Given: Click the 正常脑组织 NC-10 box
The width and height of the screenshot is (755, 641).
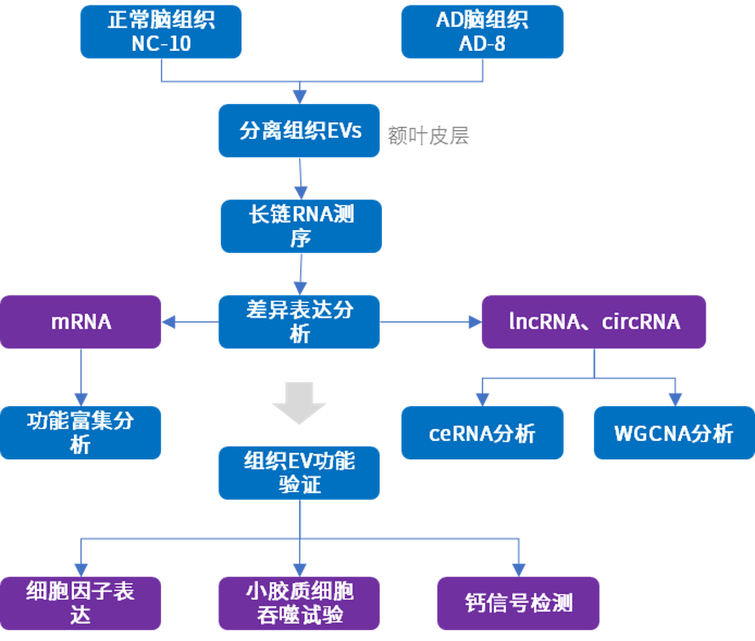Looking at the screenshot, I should point(161,32).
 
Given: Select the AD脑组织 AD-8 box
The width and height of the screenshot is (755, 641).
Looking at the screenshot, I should point(482,32).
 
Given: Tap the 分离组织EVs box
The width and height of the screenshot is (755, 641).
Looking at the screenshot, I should point(300,130).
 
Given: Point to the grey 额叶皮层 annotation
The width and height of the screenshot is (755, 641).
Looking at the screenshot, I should point(429,136).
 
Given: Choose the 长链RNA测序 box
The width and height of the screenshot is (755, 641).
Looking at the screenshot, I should point(301,226).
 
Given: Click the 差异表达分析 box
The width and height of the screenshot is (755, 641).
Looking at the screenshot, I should point(299,321).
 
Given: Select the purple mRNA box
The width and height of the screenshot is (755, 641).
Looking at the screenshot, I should point(81,321).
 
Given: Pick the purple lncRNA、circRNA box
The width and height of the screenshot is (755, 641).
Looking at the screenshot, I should point(594,321).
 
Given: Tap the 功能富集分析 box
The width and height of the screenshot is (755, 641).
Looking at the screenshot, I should point(80,432).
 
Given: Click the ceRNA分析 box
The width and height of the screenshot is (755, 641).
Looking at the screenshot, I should point(482,433).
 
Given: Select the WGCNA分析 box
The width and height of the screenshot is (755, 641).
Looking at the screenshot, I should point(674,433).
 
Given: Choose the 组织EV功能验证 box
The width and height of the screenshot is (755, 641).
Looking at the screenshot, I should point(299,472).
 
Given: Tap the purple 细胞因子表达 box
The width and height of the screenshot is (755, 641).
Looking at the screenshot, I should point(80,603).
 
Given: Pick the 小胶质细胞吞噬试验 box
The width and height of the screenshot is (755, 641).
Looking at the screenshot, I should point(299,603).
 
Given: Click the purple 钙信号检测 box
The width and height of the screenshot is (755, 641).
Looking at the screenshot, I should point(518,603).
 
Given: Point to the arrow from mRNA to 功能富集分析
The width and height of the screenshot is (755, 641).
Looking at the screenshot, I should point(80,377).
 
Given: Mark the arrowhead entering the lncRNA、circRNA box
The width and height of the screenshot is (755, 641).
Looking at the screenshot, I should point(475,321).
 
